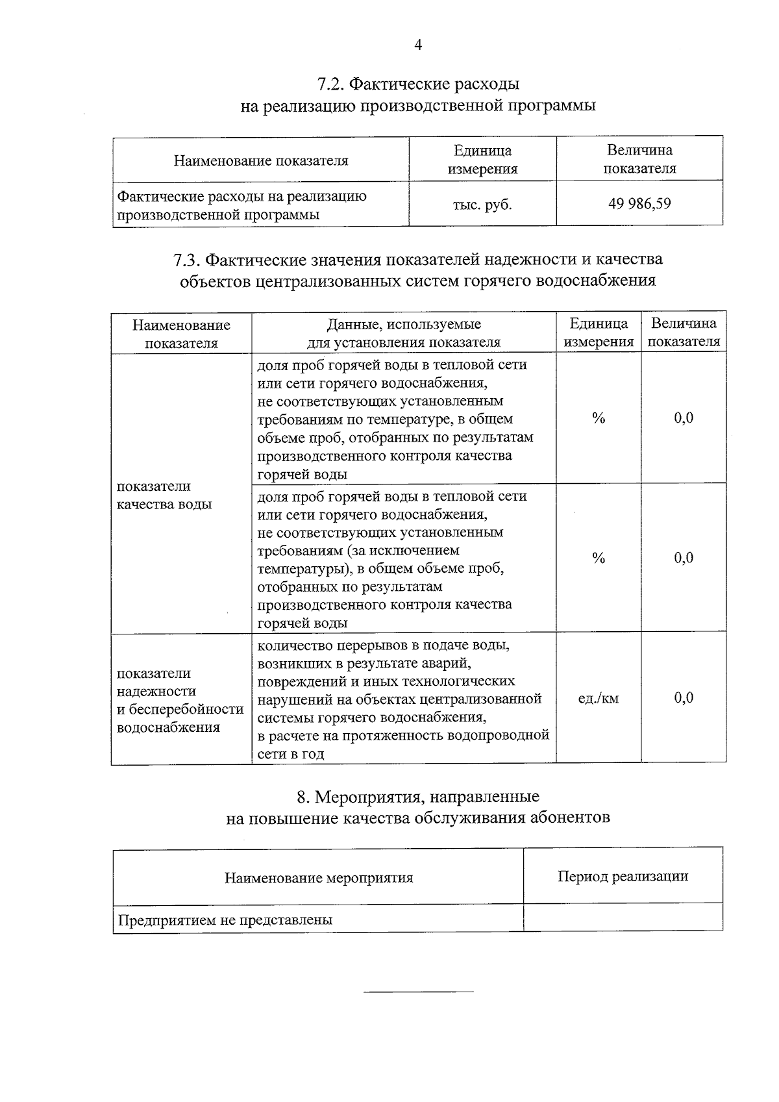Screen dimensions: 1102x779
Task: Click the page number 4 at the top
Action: pos(418,45)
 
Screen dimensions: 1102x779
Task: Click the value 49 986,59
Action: pos(639,204)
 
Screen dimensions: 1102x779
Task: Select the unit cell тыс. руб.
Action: pos(482,205)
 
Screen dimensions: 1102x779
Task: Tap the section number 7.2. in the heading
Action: pos(330,84)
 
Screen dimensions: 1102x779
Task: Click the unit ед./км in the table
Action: pos(598,699)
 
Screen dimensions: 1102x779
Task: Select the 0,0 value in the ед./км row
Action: pos(683,698)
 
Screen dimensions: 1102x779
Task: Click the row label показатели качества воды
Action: pos(164,495)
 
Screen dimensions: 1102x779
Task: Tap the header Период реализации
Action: pos(623,876)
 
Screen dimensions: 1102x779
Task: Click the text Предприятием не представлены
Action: pos(225,920)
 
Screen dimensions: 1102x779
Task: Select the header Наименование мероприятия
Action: pos(319,878)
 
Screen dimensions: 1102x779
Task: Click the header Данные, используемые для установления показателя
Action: pos(403,332)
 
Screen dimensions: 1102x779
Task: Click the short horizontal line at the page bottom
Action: pos(418,992)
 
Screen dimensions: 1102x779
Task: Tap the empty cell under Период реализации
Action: pos(623,918)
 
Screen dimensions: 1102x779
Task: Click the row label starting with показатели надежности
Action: pos(180,700)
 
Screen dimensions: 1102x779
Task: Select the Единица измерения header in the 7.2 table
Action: pos(482,160)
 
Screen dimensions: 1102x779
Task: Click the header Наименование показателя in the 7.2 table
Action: pos(260,160)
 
